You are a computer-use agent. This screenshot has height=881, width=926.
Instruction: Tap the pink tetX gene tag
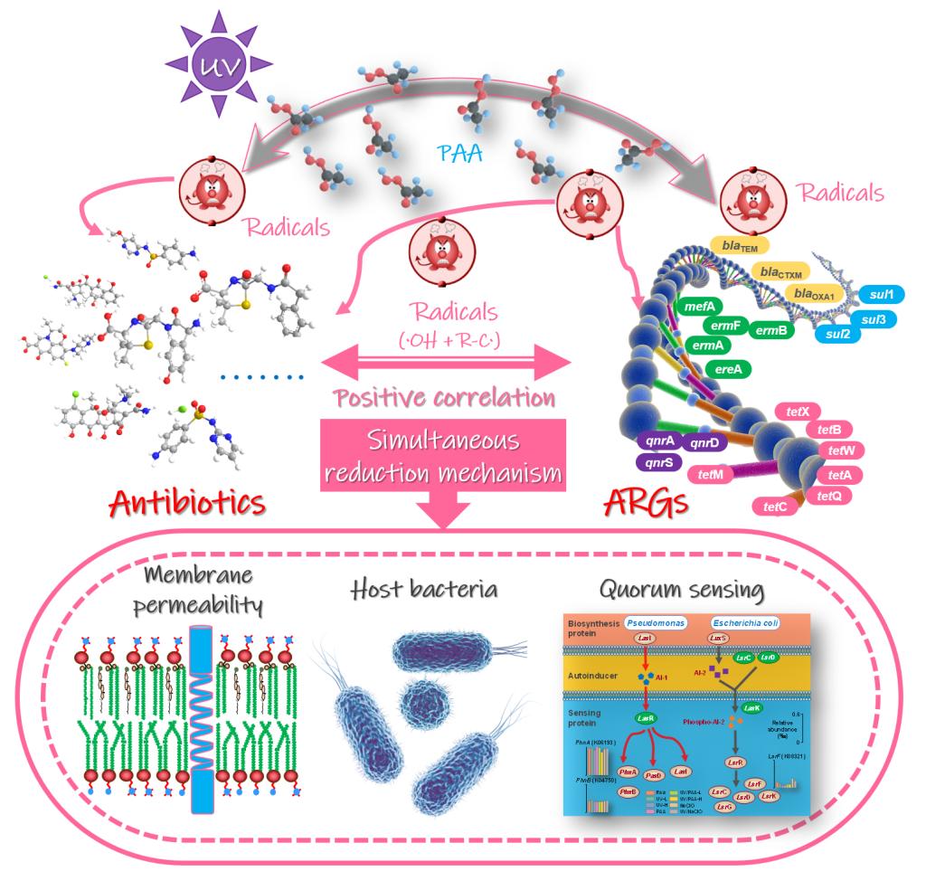click(x=796, y=412)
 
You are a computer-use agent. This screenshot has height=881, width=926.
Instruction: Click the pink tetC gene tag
click(x=775, y=507)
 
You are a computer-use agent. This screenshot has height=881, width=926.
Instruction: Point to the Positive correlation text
click(x=444, y=397)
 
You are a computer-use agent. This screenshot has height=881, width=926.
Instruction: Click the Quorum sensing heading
click(x=681, y=592)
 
